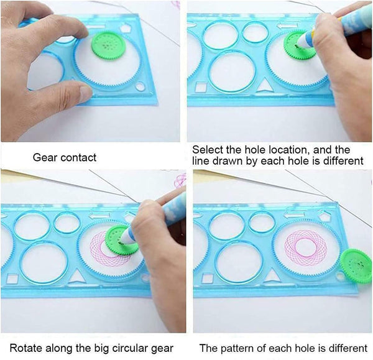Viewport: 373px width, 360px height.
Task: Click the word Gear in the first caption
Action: (x=45, y=158)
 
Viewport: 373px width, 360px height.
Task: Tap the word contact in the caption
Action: (x=79, y=158)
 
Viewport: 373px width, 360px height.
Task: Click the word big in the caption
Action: (x=101, y=347)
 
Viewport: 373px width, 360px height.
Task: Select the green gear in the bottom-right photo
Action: (x=356, y=265)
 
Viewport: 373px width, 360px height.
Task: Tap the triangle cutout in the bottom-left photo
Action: (x=77, y=274)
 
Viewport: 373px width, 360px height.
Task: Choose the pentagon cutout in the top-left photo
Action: (x=126, y=28)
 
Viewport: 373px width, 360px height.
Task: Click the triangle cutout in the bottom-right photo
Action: (x=272, y=274)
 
